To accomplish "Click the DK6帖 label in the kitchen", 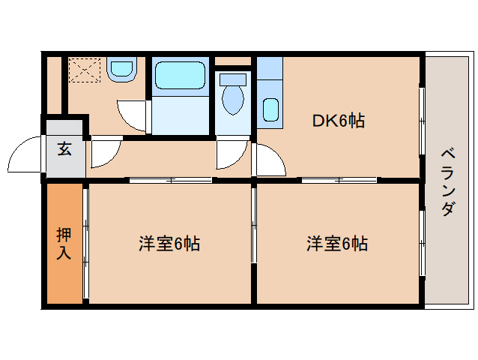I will click(x=338, y=121).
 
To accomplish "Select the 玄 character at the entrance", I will click(x=64, y=148).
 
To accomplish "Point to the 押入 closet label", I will click(x=64, y=243).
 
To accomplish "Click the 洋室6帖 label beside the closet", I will click(x=169, y=244).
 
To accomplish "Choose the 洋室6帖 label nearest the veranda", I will click(x=336, y=244).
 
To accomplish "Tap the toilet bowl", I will click(x=234, y=100).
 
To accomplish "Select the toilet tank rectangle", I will click(x=234, y=79).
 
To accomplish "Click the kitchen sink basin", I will click(x=270, y=110).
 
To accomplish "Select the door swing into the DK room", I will click(x=268, y=159).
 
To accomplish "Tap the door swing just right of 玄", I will click(x=102, y=151).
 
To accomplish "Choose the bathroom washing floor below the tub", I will click(x=180, y=115).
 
